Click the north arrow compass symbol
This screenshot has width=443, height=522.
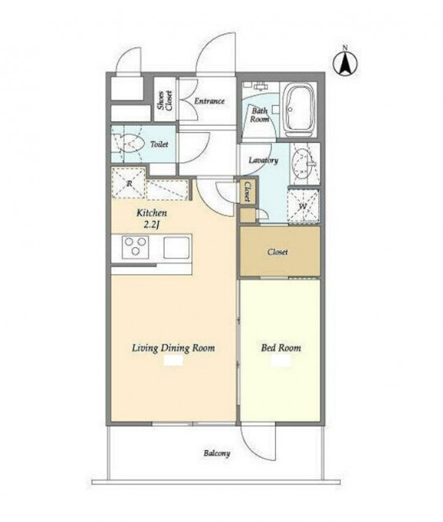click(345, 62)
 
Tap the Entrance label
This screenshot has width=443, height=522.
click(209, 101)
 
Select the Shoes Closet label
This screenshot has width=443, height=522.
click(165, 100)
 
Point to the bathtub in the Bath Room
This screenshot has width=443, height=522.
click(300, 109)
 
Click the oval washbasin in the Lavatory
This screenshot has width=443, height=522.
click(302, 163)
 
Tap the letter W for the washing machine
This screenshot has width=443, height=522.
click(302, 206)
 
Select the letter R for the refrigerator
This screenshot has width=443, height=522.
click(129, 183)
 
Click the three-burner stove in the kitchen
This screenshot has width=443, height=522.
click(135, 246)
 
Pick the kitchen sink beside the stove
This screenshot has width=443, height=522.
click(177, 247)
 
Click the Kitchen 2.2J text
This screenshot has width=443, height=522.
click(152, 219)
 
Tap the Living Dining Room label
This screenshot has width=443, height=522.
click(173, 348)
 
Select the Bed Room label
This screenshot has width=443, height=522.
click(281, 348)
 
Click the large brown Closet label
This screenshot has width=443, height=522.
click(278, 252)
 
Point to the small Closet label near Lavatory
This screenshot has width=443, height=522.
click(248, 192)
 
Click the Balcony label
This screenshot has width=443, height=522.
click(217, 453)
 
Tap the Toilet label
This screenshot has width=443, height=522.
click(159, 144)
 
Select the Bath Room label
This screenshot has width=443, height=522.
click(260, 115)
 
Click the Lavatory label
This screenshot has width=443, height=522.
click(264, 161)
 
